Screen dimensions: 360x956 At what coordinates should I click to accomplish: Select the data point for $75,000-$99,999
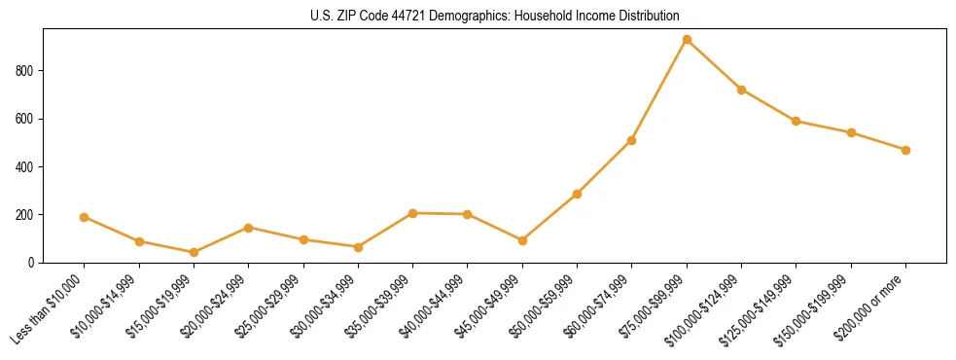pos(687,40)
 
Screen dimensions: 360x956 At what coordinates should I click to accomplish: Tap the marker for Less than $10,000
pos(85,217)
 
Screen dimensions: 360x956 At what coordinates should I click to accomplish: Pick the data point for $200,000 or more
pos(905,150)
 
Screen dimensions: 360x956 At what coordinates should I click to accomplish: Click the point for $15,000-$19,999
pos(194,252)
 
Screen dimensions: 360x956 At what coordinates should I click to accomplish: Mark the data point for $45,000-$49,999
pos(522,240)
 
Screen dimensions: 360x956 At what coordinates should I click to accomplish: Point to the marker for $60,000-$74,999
pos(632,140)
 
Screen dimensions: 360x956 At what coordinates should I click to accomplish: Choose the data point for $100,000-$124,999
pos(741,90)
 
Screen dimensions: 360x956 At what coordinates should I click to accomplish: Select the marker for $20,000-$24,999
pos(249,228)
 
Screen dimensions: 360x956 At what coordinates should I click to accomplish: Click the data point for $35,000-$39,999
pos(413,213)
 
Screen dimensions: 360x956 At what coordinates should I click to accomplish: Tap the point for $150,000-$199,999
pos(851,132)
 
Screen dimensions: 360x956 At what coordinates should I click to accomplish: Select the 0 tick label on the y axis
pos(32,263)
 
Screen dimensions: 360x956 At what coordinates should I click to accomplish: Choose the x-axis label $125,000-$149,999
pos(761,308)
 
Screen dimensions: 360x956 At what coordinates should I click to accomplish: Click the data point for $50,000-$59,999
pos(577,194)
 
